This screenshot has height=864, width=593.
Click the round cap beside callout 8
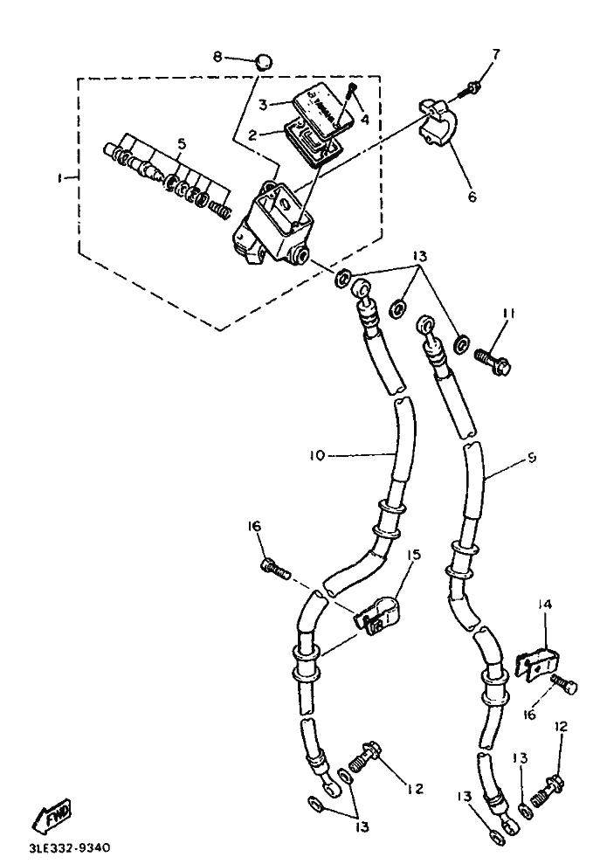pyautogui.click(x=262, y=61)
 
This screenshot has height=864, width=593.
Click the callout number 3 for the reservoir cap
pyautogui.click(x=263, y=104)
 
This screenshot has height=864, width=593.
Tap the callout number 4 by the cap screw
pyautogui.click(x=364, y=120)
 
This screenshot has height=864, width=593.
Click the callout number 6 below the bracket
pyautogui.click(x=472, y=197)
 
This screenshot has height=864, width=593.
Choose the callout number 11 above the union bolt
pyautogui.click(x=509, y=314)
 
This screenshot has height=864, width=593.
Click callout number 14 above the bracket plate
pyautogui.click(x=544, y=604)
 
